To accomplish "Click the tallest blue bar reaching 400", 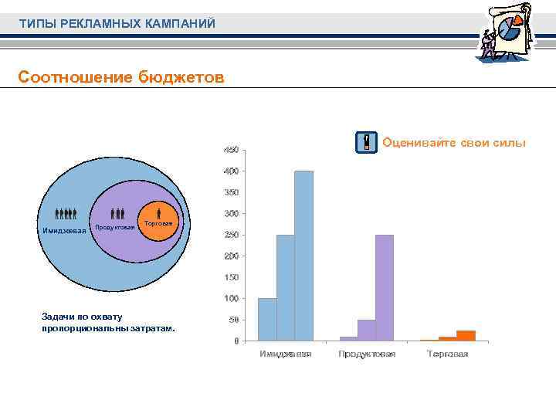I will [x=303, y=256].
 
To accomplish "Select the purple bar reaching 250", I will [x=385, y=287].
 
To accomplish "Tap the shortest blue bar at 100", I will [x=267, y=319].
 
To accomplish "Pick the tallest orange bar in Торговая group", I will [x=466, y=335].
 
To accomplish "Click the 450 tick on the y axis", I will [x=231, y=150].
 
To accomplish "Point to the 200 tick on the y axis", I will [x=231, y=256].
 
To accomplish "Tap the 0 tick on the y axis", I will [x=236, y=341].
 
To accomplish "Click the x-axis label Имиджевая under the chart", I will [x=286, y=354].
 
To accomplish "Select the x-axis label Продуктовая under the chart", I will [x=367, y=354].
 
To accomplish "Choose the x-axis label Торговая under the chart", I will [x=448, y=354].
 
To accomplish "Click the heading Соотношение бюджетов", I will [x=121, y=77].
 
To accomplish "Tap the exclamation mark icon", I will [x=367, y=143].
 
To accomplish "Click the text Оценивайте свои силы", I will [x=453, y=142].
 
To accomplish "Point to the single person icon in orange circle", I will [x=159, y=212].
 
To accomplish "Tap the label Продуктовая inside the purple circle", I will [x=114, y=227].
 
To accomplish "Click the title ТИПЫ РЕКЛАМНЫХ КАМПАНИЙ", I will [x=117, y=24].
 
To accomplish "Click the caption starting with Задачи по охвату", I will [x=108, y=323].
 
